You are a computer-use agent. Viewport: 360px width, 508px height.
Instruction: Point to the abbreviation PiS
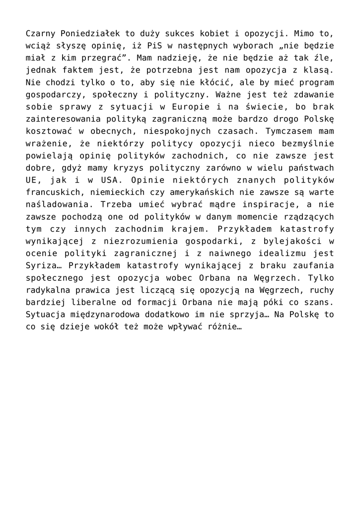(x=150, y=46)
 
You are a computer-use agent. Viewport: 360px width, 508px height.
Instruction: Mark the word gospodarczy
(x=52, y=94)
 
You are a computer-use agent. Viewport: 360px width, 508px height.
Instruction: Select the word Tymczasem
(x=286, y=129)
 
